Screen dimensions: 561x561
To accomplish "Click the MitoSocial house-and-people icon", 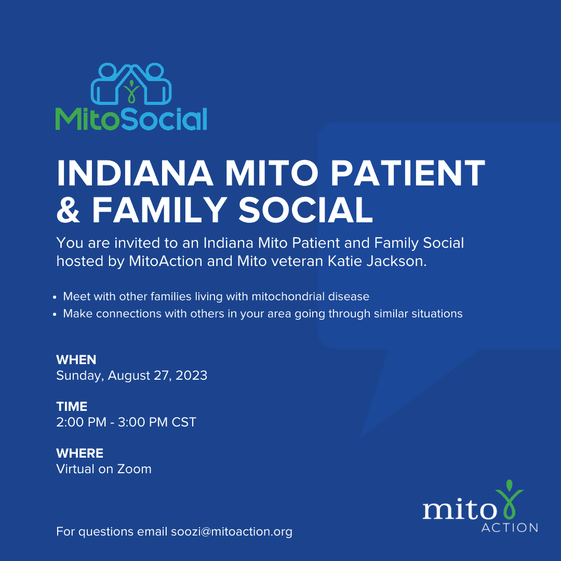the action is click(x=131, y=84).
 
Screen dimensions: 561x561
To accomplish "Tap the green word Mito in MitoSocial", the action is click(x=87, y=119).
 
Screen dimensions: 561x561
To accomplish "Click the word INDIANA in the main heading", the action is click(x=135, y=173).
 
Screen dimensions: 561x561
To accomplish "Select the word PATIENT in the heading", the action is click(x=408, y=173).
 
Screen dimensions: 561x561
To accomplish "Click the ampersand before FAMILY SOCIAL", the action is click(x=68, y=210).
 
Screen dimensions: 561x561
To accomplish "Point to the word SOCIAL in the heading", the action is click(x=306, y=210).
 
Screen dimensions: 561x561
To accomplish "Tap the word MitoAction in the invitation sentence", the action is click(x=166, y=261).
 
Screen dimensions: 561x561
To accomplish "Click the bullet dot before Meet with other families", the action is click(x=55, y=297).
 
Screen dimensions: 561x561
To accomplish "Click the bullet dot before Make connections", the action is click(x=55, y=314).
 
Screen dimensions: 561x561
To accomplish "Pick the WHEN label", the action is click(x=76, y=359).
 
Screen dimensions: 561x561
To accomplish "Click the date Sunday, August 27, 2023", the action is click(x=131, y=376).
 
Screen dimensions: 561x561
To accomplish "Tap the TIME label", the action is click(x=72, y=406).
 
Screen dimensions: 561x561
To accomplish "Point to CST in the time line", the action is click(x=184, y=422).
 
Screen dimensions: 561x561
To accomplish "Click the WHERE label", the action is click(x=80, y=453).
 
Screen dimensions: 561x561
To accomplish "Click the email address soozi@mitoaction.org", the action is click(x=232, y=532).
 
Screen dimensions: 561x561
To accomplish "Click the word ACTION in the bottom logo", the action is click(x=510, y=528).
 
